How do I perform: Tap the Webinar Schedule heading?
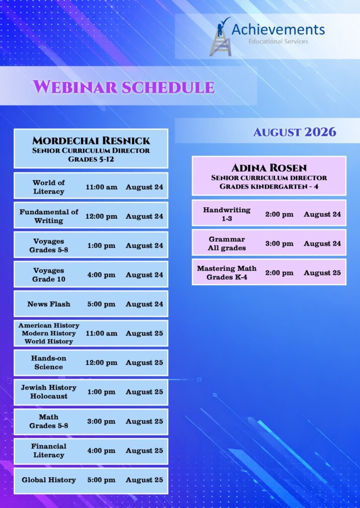(x=124, y=87)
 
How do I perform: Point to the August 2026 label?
(x=294, y=132)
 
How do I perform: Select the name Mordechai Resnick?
(x=91, y=140)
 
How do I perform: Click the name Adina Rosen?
(x=269, y=168)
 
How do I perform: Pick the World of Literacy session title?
(x=49, y=187)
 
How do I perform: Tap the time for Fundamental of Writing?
(x=101, y=216)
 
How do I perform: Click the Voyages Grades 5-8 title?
(x=49, y=246)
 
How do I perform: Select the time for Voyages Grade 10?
(x=101, y=275)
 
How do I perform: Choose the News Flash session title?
(x=49, y=304)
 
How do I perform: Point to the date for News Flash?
(x=144, y=304)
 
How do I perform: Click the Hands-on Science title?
(x=49, y=363)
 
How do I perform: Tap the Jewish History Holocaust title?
(x=49, y=392)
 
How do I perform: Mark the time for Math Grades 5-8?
(x=101, y=422)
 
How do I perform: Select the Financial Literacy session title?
(x=49, y=450)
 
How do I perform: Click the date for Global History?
(x=144, y=480)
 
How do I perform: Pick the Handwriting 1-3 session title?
(x=227, y=214)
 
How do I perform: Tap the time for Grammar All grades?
(x=279, y=244)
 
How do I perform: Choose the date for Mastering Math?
(x=322, y=273)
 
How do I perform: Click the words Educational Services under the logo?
(x=278, y=42)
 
